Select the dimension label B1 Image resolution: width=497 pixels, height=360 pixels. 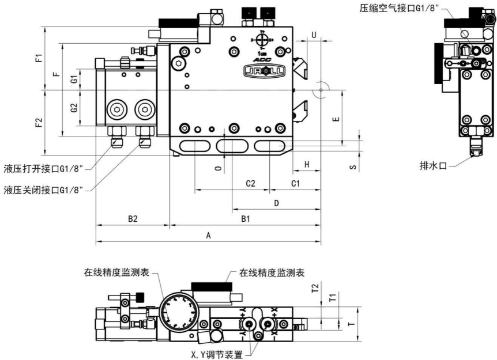point(245,219)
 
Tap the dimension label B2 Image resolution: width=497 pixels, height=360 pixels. point(132,219)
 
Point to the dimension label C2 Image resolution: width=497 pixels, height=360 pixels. point(251,183)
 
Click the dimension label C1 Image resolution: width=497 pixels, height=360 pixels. point(294,183)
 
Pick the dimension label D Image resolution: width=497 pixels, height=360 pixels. point(276,203)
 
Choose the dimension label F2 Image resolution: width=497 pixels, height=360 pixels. point(39,122)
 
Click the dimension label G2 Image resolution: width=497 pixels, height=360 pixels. point(74,108)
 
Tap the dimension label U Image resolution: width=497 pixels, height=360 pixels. point(314,35)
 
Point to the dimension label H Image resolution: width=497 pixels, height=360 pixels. point(307,165)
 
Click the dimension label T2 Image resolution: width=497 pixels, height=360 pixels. point(315,287)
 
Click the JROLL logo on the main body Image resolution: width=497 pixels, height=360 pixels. point(262,71)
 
